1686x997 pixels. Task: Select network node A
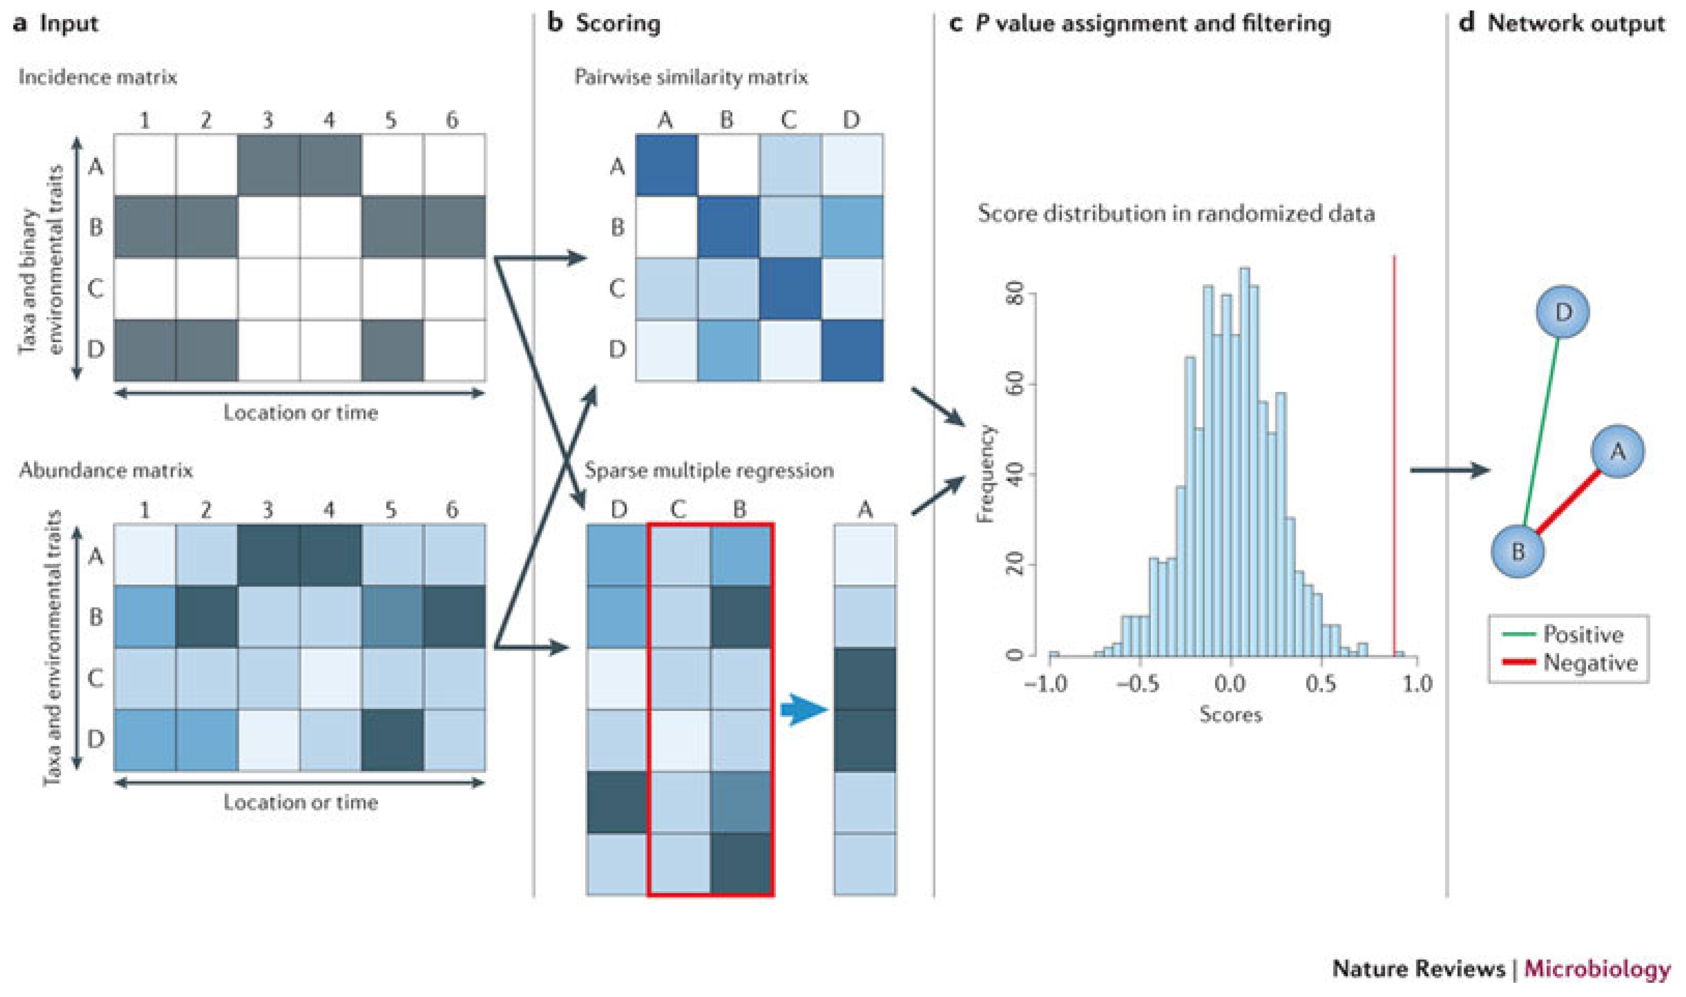coord(1617,452)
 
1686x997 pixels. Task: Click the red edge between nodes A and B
coord(1568,501)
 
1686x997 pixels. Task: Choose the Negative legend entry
coord(1590,663)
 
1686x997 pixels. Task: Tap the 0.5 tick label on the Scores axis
coord(1321,684)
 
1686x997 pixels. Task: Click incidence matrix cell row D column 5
coord(392,350)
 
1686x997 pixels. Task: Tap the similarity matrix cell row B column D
coord(851,227)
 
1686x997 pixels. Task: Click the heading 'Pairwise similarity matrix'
coord(691,77)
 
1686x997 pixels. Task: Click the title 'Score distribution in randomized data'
coord(1176,214)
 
